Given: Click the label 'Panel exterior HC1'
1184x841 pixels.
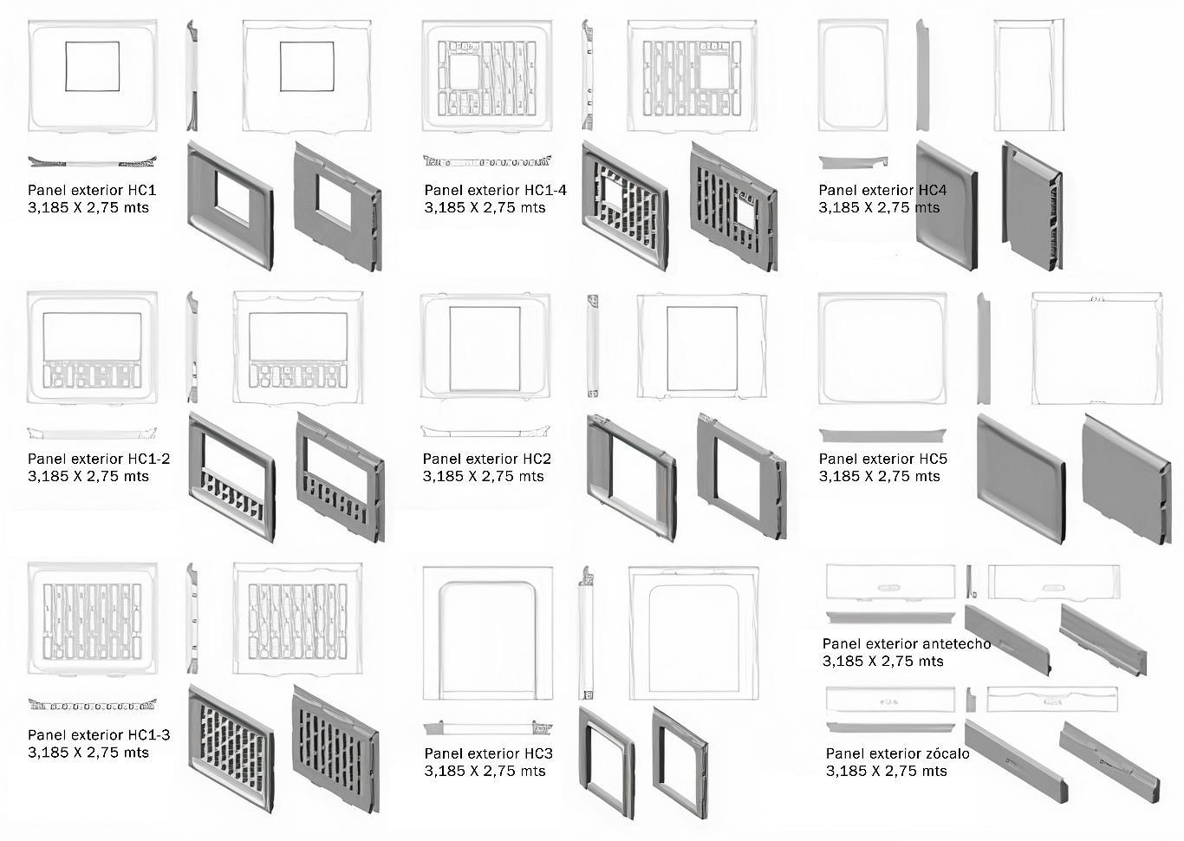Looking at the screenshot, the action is click(92, 190).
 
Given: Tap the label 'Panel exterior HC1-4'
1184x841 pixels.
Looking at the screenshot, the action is click(495, 190).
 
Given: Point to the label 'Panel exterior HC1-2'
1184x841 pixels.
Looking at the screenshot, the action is click(99, 459).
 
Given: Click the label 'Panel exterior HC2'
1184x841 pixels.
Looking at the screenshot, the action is click(486, 459).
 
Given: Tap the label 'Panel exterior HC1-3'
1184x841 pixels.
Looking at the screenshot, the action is click(99, 735).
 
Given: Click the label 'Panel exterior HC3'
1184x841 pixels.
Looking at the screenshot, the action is click(488, 753).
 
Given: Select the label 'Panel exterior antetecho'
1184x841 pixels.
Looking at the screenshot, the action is click(906, 643).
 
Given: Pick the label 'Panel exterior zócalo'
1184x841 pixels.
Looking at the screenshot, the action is click(897, 753).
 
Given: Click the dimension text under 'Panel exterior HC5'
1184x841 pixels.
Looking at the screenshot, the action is click(879, 476).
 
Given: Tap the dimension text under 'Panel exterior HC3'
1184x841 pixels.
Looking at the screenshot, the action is click(485, 771).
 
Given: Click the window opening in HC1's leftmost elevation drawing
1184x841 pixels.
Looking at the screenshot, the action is click(92, 66).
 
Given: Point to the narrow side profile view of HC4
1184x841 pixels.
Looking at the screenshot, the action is click(922, 75).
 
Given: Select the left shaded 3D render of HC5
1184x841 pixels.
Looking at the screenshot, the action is click(1020, 478).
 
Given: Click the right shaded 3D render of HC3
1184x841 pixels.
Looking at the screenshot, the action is click(679, 762).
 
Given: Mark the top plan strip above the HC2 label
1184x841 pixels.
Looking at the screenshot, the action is click(485, 430).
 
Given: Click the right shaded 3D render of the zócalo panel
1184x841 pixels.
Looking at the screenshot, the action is click(1109, 763).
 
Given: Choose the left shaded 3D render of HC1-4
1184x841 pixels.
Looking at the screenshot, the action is click(624, 205).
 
